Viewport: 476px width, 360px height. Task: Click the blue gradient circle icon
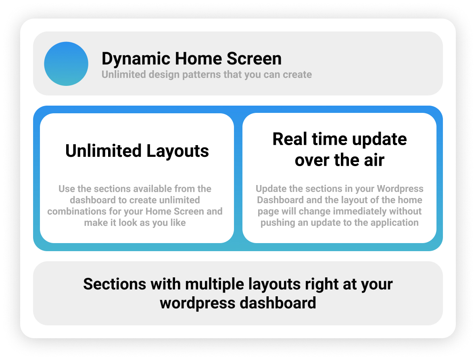click(x=66, y=64)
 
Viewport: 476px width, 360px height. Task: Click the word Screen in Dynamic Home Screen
click(x=254, y=58)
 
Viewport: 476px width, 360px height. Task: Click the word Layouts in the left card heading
click(x=177, y=151)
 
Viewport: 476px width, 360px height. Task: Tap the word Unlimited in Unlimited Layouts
click(x=104, y=151)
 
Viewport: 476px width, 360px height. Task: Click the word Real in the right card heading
click(x=290, y=139)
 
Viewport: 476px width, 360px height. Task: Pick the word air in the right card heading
click(x=374, y=160)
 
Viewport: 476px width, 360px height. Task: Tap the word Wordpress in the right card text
click(x=400, y=189)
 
